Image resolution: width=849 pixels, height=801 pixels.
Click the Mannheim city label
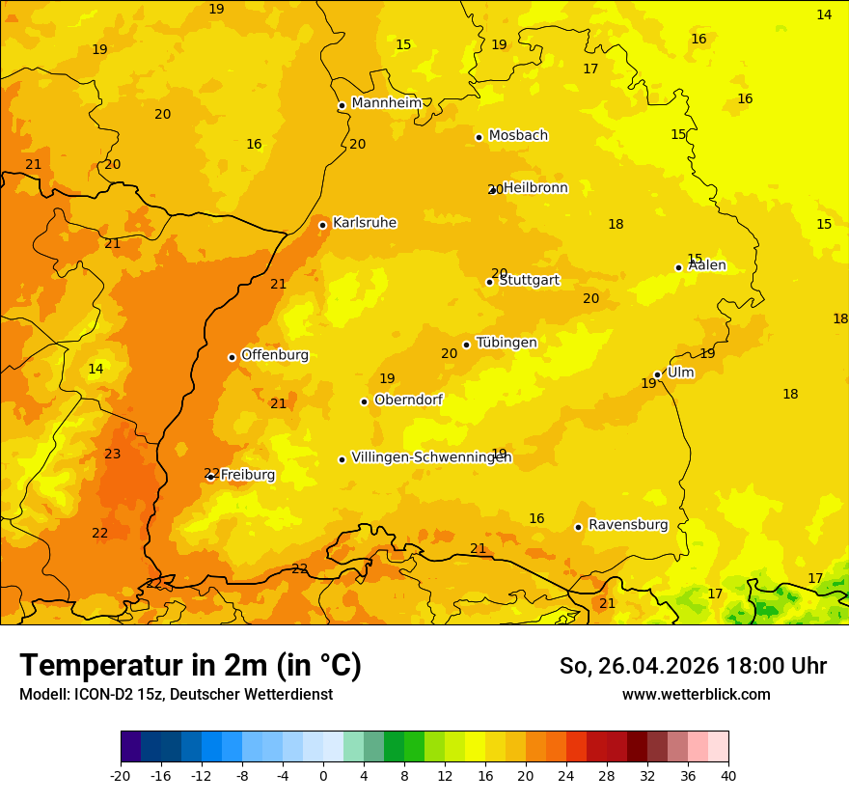tap(386, 103)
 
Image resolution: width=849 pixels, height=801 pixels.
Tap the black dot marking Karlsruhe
tap(322, 225)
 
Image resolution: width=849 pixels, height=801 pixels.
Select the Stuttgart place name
tap(529, 281)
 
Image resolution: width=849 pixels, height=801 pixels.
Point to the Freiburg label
tap(247, 475)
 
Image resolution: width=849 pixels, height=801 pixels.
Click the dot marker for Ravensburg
tap(578, 527)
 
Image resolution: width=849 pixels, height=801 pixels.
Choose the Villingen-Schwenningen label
tap(431, 457)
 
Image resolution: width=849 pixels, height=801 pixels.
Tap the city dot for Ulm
tap(657, 374)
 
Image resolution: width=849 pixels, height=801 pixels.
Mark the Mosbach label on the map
tap(518, 136)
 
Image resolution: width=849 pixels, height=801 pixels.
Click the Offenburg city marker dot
tap(232, 357)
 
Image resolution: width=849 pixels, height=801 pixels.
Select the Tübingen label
tap(507, 343)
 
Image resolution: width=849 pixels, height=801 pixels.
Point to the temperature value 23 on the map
tap(113, 454)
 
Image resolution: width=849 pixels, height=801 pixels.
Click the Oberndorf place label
tap(408, 400)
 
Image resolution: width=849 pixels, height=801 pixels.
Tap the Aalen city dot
tap(678, 267)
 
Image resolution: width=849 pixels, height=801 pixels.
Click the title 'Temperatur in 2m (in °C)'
tap(190, 665)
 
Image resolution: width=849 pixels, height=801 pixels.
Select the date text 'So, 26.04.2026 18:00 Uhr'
tap(693, 666)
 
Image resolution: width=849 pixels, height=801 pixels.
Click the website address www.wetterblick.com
tap(696, 695)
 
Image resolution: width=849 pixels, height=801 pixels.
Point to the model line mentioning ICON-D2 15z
tap(176, 695)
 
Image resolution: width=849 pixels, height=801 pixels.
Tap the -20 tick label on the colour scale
tap(121, 775)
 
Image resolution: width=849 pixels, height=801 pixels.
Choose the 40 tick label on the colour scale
tap(728, 775)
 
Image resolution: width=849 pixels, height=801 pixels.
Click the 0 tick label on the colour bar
tap(323, 775)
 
